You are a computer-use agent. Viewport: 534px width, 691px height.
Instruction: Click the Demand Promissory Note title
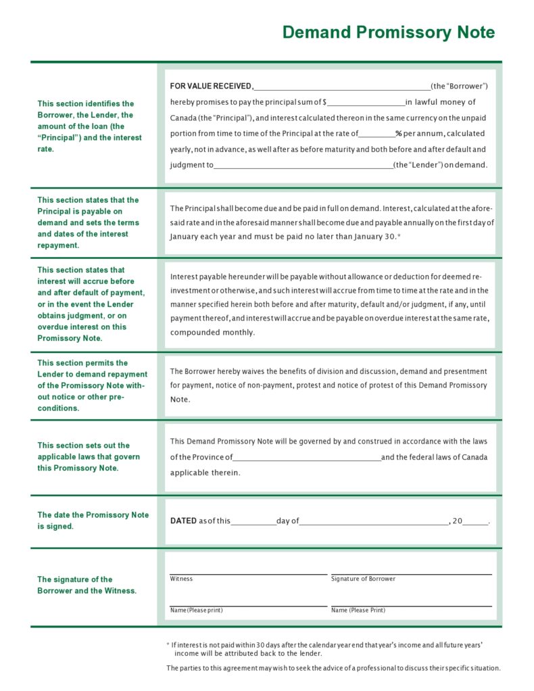point(388,32)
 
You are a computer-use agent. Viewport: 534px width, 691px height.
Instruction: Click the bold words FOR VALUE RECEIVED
point(211,86)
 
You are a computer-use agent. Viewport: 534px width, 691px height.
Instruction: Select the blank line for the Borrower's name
point(342,87)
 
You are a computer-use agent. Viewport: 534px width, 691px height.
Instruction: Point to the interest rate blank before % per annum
point(377,135)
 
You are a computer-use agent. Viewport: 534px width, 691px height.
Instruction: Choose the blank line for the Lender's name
point(303,166)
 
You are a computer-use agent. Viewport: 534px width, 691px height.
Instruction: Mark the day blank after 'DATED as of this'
point(253,522)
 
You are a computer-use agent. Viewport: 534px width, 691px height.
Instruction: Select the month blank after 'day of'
point(374,522)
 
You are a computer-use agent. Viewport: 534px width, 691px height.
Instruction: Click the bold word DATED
point(183,521)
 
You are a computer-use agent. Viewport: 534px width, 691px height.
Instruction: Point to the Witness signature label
point(181,579)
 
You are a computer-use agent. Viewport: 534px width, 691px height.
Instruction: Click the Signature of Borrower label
point(363,579)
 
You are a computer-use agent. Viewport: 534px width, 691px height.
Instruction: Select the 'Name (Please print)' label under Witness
point(196,611)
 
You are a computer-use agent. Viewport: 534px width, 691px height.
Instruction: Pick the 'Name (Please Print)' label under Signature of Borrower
point(358,611)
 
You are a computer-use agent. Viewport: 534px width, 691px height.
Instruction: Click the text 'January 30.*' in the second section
point(374,237)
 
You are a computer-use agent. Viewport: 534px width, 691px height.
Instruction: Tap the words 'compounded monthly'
point(212,333)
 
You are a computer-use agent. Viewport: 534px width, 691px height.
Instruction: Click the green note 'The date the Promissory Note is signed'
point(93,520)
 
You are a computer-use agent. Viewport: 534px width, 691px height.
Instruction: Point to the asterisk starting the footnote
point(168,646)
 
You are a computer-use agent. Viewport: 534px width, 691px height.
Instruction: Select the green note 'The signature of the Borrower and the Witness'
point(87,585)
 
